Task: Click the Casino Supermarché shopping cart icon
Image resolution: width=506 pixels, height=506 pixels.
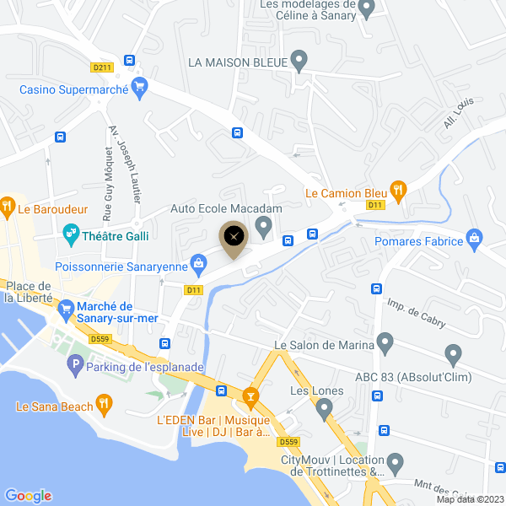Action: point(140,86)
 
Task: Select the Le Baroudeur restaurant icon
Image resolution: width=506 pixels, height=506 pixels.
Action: point(7,205)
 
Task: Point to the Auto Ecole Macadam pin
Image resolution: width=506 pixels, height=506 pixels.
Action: point(264,225)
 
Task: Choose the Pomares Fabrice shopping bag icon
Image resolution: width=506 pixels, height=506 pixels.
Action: point(476,240)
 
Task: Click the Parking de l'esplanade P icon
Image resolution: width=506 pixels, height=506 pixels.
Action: point(75,365)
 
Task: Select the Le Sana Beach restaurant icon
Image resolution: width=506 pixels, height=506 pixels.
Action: point(104,404)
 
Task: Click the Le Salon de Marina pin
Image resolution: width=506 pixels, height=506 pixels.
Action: point(385,342)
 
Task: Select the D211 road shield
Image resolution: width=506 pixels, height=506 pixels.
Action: point(102,67)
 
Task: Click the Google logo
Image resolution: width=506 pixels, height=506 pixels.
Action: point(28,496)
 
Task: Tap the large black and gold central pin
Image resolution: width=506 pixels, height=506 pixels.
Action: point(234,238)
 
